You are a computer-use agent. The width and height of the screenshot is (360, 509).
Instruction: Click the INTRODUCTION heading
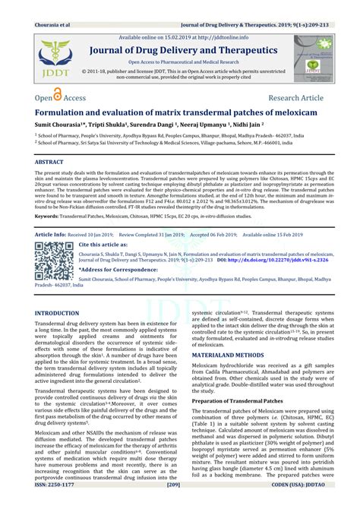point(62,313)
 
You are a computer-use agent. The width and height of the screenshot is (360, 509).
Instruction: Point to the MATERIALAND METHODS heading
point(232,354)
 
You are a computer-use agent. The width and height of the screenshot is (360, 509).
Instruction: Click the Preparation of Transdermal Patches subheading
point(240,400)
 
